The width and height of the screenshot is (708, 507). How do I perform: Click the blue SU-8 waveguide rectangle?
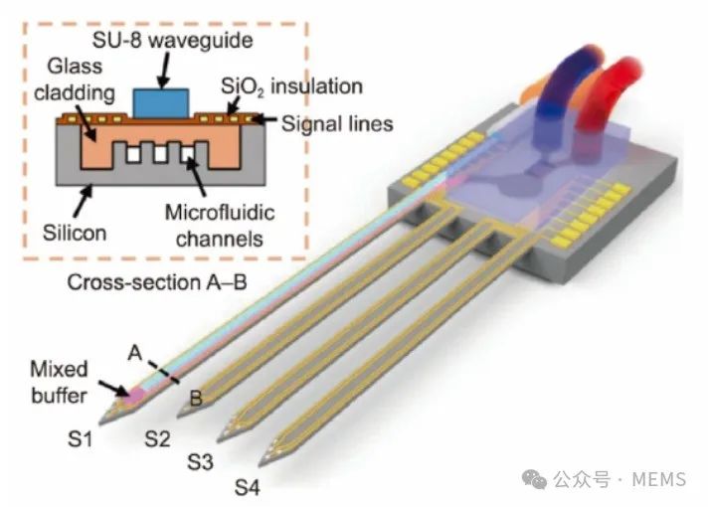[161, 103]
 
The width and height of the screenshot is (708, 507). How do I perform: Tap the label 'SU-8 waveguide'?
[172, 40]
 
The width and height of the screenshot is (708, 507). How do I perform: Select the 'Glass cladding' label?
[75, 80]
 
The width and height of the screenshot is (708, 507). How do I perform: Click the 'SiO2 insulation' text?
[291, 86]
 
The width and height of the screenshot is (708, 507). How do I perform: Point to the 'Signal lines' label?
[337, 123]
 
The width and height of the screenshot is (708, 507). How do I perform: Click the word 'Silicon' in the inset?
[75, 233]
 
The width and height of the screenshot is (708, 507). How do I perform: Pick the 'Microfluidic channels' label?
[220, 226]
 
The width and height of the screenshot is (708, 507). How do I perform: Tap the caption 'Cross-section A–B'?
[157, 282]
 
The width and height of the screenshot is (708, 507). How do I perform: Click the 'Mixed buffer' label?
[59, 383]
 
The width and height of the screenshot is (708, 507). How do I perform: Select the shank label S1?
[80, 438]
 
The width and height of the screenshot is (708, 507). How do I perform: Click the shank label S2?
[157, 438]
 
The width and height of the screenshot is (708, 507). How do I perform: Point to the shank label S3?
[200, 462]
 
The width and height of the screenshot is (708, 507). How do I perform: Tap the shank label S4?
[247, 488]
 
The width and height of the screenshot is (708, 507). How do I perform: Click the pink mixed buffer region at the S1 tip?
[134, 396]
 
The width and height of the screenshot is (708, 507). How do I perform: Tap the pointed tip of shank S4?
[260, 464]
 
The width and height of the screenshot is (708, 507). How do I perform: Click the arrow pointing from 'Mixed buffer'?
[113, 389]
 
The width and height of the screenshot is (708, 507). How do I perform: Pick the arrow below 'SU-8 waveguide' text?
[164, 70]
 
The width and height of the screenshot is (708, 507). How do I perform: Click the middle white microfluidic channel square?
[160, 154]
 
